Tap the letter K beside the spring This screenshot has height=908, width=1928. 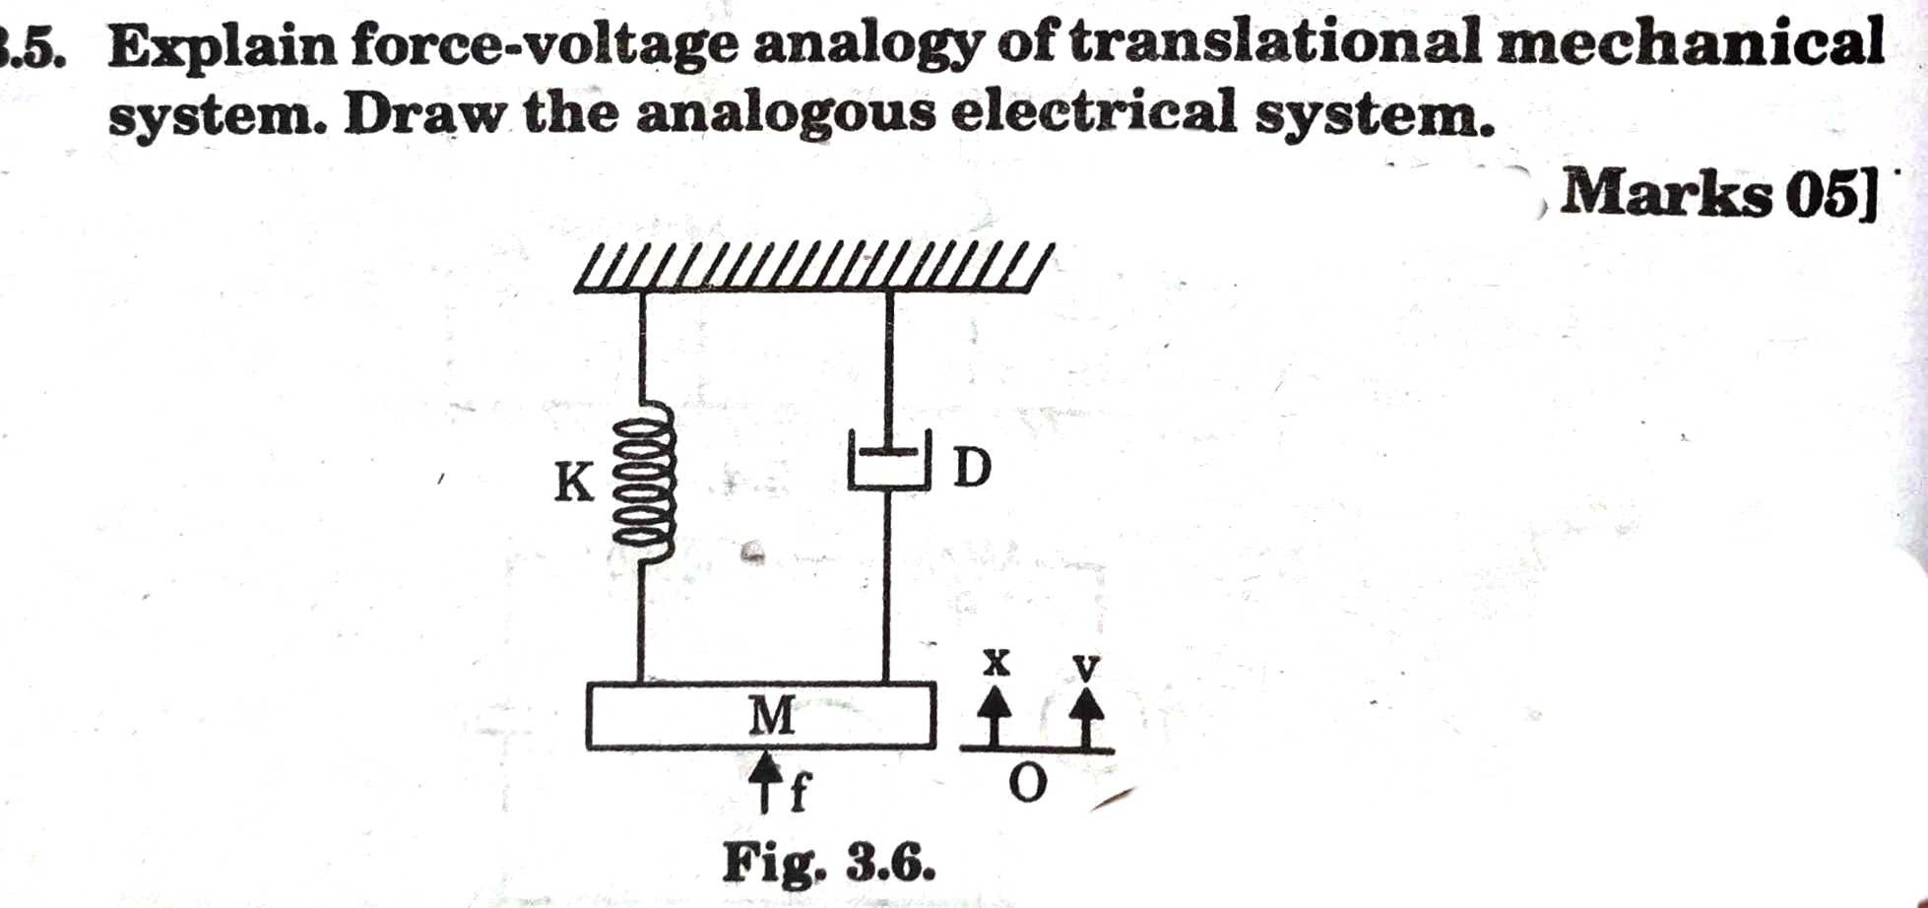(x=574, y=483)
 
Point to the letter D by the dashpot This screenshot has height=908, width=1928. (x=972, y=468)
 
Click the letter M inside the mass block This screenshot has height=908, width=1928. (x=771, y=716)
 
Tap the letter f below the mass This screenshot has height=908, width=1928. (x=799, y=791)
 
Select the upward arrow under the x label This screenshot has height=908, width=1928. (x=996, y=714)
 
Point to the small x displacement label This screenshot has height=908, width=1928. (x=996, y=663)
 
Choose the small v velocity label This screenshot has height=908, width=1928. (x=1085, y=667)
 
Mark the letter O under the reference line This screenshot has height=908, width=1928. (x=1028, y=785)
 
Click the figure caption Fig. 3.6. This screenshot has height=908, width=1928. (x=828, y=864)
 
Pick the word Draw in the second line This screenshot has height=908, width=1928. (x=423, y=114)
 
